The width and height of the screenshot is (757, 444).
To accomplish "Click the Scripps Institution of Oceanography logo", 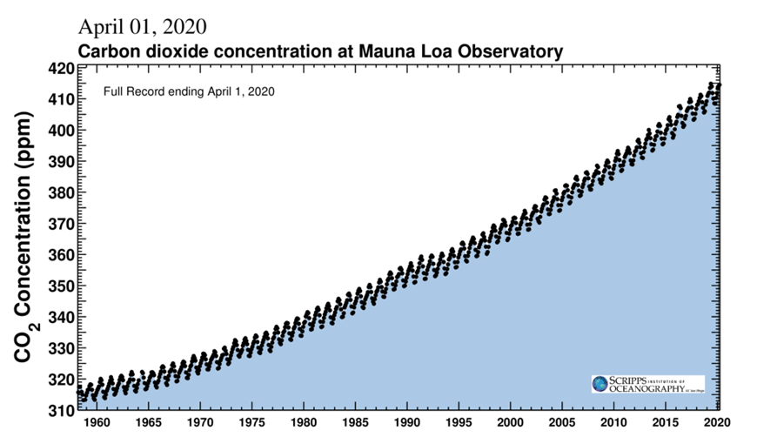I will click(x=647, y=384).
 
